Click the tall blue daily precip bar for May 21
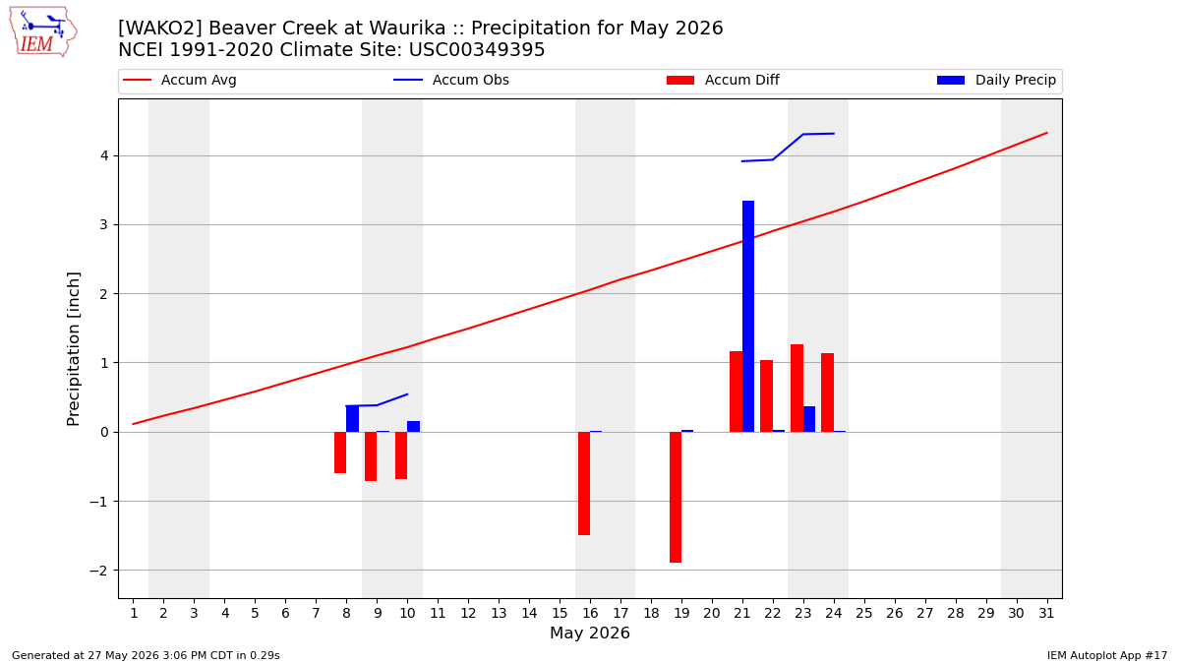pyautogui.click(x=748, y=316)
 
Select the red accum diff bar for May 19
pyautogui.click(x=676, y=498)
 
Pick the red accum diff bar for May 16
pyautogui.click(x=584, y=484)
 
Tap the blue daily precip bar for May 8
pyautogui.click(x=352, y=419)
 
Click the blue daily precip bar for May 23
pyautogui.click(x=809, y=419)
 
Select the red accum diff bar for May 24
pyautogui.click(x=827, y=392)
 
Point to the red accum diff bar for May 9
pyautogui.click(x=371, y=456)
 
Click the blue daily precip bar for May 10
pyautogui.click(x=414, y=426)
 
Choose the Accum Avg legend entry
pyautogui.click(x=180, y=80)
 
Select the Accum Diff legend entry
pyautogui.click(x=723, y=80)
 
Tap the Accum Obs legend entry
pyautogui.click(x=451, y=80)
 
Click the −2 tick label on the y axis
pyautogui.click(x=98, y=571)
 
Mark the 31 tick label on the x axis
pyautogui.click(x=1046, y=614)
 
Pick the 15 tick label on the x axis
pyautogui.click(x=560, y=614)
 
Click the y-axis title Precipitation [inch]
pyautogui.click(x=73, y=349)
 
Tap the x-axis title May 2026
pyautogui.click(x=590, y=633)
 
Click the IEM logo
pyautogui.click(x=42, y=32)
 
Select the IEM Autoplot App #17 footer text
pyautogui.click(x=1107, y=655)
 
